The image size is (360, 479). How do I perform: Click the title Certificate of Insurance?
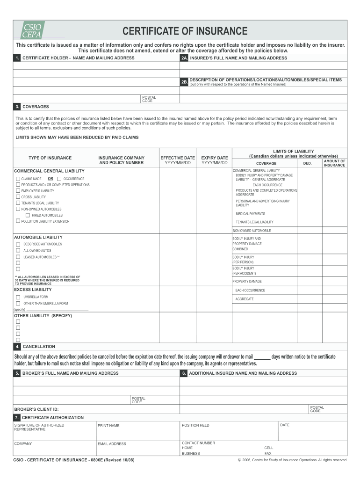click(x=185, y=31)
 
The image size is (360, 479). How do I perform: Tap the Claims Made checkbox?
click(x=18, y=179)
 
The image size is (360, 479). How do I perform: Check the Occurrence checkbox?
click(x=59, y=179)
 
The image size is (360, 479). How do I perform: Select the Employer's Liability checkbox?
click(x=18, y=191)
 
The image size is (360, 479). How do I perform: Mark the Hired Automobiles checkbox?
click(x=28, y=215)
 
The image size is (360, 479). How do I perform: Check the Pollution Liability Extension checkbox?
click(x=18, y=221)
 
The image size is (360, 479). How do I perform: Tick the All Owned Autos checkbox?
click(x=18, y=250)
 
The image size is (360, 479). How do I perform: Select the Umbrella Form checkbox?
click(x=18, y=297)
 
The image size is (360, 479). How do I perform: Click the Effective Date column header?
click(x=178, y=160)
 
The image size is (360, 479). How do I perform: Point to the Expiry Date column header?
click(x=215, y=160)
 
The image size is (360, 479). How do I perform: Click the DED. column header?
click(x=307, y=163)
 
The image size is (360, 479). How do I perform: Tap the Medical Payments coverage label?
click(x=250, y=214)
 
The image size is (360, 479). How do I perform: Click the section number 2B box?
click(x=184, y=82)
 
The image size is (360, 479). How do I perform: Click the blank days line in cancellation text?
click(x=262, y=357)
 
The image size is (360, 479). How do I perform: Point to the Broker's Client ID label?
click(x=36, y=409)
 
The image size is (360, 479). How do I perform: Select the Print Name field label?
click(x=108, y=426)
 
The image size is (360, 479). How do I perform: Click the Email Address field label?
click(x=112, y=444)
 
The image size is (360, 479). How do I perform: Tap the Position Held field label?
click(x=195, y=425)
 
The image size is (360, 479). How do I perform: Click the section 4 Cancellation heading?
click(x=39, y=347)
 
